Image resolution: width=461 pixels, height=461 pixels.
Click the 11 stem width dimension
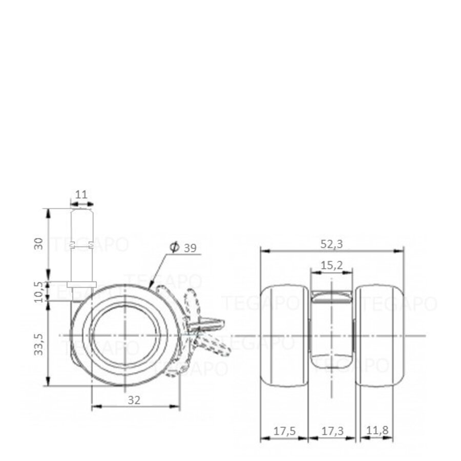tap(81, 195)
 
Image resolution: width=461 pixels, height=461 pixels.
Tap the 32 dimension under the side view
tap(134, 401)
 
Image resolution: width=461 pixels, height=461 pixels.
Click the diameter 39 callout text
tap(184, 248)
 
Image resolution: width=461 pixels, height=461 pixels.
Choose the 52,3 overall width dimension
tap(332, 244)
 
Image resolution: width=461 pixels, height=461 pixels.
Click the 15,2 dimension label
tap(332, 266)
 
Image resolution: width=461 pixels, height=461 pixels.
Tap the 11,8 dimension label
tap(376, 431)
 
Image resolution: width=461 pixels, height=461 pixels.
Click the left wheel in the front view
tap(285, 336)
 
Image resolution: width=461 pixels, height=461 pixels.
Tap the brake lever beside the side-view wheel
tap(205, 328)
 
